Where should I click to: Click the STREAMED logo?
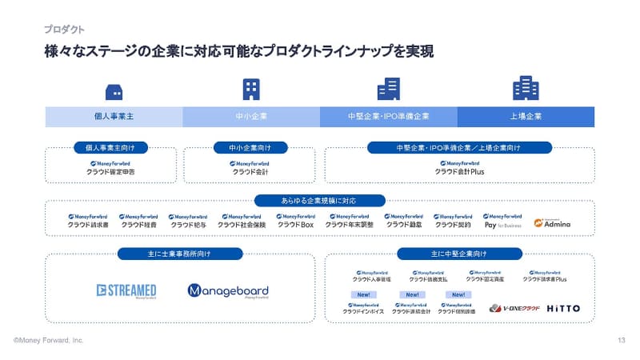[x=126, y=291]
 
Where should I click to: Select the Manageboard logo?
[x=228, y=291]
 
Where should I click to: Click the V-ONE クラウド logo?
[x=514, y=308]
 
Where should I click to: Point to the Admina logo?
[x=552, y=224]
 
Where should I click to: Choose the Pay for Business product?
[x=502, y=221]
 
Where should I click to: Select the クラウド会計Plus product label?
[x=459, y=171]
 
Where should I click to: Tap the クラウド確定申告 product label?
[x=110, y=171]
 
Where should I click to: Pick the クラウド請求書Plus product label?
[x=544, y=279]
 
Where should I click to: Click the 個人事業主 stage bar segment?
[x=114, y=116]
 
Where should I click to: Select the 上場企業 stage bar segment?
[x=526, y=116]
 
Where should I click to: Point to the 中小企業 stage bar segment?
[x=251, y=116]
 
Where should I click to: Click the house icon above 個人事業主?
[x=114, y=90]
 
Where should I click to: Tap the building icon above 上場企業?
[x=526, y=88]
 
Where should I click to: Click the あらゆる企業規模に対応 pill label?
[x=319, y=201]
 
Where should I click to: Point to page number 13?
[x=622, y=341]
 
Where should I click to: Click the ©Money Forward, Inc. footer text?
[x=48, y=341]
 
